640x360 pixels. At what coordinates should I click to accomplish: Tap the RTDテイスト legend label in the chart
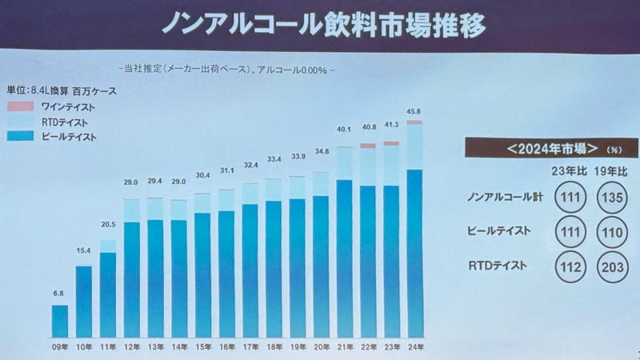63,122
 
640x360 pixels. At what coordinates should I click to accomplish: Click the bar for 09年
60,321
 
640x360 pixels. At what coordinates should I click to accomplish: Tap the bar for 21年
344,256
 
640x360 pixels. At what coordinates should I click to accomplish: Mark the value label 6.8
59,294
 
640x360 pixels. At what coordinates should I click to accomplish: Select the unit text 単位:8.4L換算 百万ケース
62,91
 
